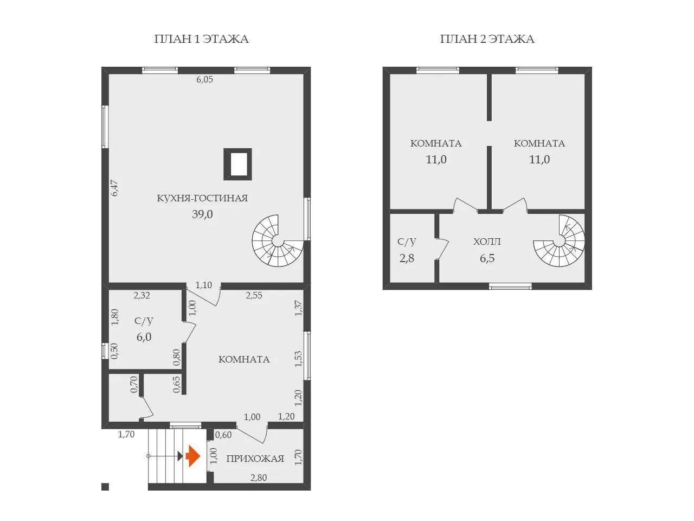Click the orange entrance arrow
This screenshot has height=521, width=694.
(193, 456)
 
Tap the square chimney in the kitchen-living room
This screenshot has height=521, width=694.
(237, 164)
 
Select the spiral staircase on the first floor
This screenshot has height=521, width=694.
(278, 241)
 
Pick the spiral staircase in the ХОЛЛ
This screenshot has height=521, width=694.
(559, 241)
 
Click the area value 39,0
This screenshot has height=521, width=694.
(202, 214)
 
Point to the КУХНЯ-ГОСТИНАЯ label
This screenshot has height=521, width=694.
(202, 198)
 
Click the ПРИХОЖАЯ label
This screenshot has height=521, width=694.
(255, 459)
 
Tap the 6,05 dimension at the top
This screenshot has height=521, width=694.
(204, 79)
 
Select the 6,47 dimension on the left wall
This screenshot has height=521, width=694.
(114, 188)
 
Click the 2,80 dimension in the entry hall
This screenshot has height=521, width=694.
(259, 478)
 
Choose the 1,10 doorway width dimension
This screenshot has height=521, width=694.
(204, 285)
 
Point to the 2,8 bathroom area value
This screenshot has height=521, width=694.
(407, 258)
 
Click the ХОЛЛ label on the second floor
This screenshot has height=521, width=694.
(487, 242)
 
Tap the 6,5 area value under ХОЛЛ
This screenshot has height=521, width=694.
(487, 258)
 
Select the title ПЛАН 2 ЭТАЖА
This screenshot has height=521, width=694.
(487, 39)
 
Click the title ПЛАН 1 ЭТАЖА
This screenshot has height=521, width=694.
(201, 39)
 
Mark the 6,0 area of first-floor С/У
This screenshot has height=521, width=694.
(144, 337)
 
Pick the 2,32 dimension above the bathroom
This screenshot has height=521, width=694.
(142, 295)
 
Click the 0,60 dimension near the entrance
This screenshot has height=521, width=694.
(223, 435)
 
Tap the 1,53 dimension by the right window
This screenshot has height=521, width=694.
(298, 359)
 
